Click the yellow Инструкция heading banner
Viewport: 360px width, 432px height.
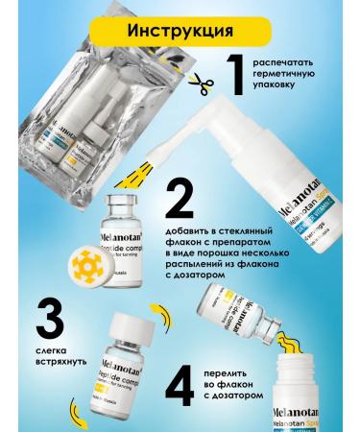point(180,30)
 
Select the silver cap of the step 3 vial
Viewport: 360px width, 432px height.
point(127,319)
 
